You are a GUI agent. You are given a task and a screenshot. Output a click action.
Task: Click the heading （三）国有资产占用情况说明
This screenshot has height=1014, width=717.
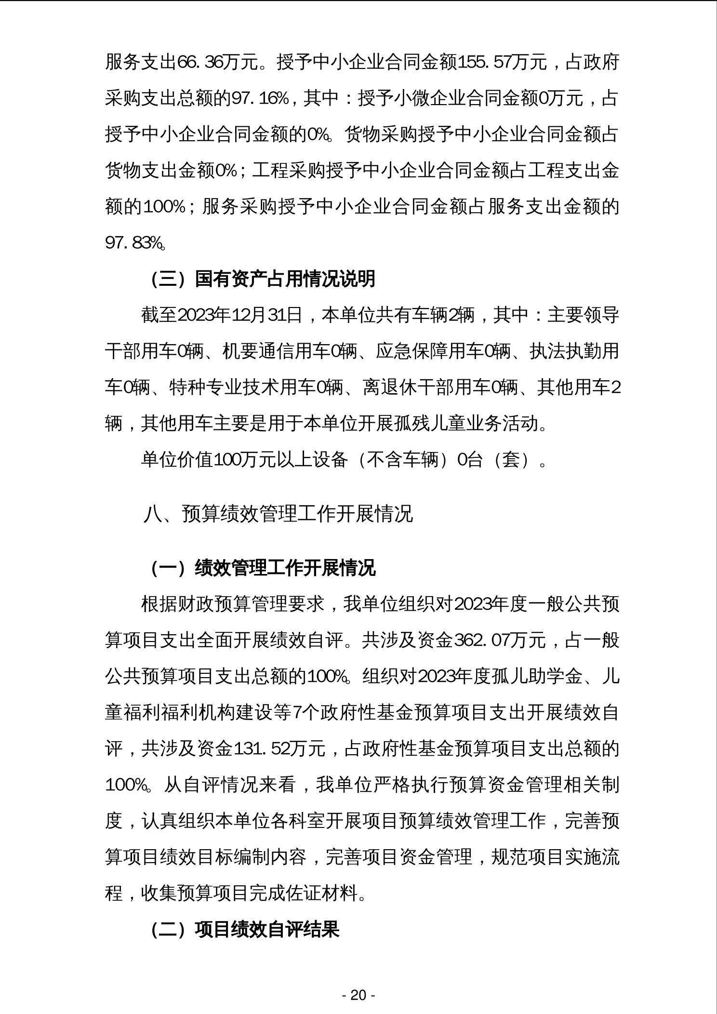(x=263, y=279)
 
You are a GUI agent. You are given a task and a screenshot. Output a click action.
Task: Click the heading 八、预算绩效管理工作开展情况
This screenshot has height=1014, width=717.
(x=278, y=514)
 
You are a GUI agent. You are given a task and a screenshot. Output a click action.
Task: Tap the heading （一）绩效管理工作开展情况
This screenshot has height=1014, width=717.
(x=263, y=568)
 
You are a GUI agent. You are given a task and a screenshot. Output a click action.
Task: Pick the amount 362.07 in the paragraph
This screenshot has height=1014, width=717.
(x=482, y=640)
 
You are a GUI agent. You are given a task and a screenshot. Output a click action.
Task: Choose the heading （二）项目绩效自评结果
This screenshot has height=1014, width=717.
(x=245, y=930)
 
